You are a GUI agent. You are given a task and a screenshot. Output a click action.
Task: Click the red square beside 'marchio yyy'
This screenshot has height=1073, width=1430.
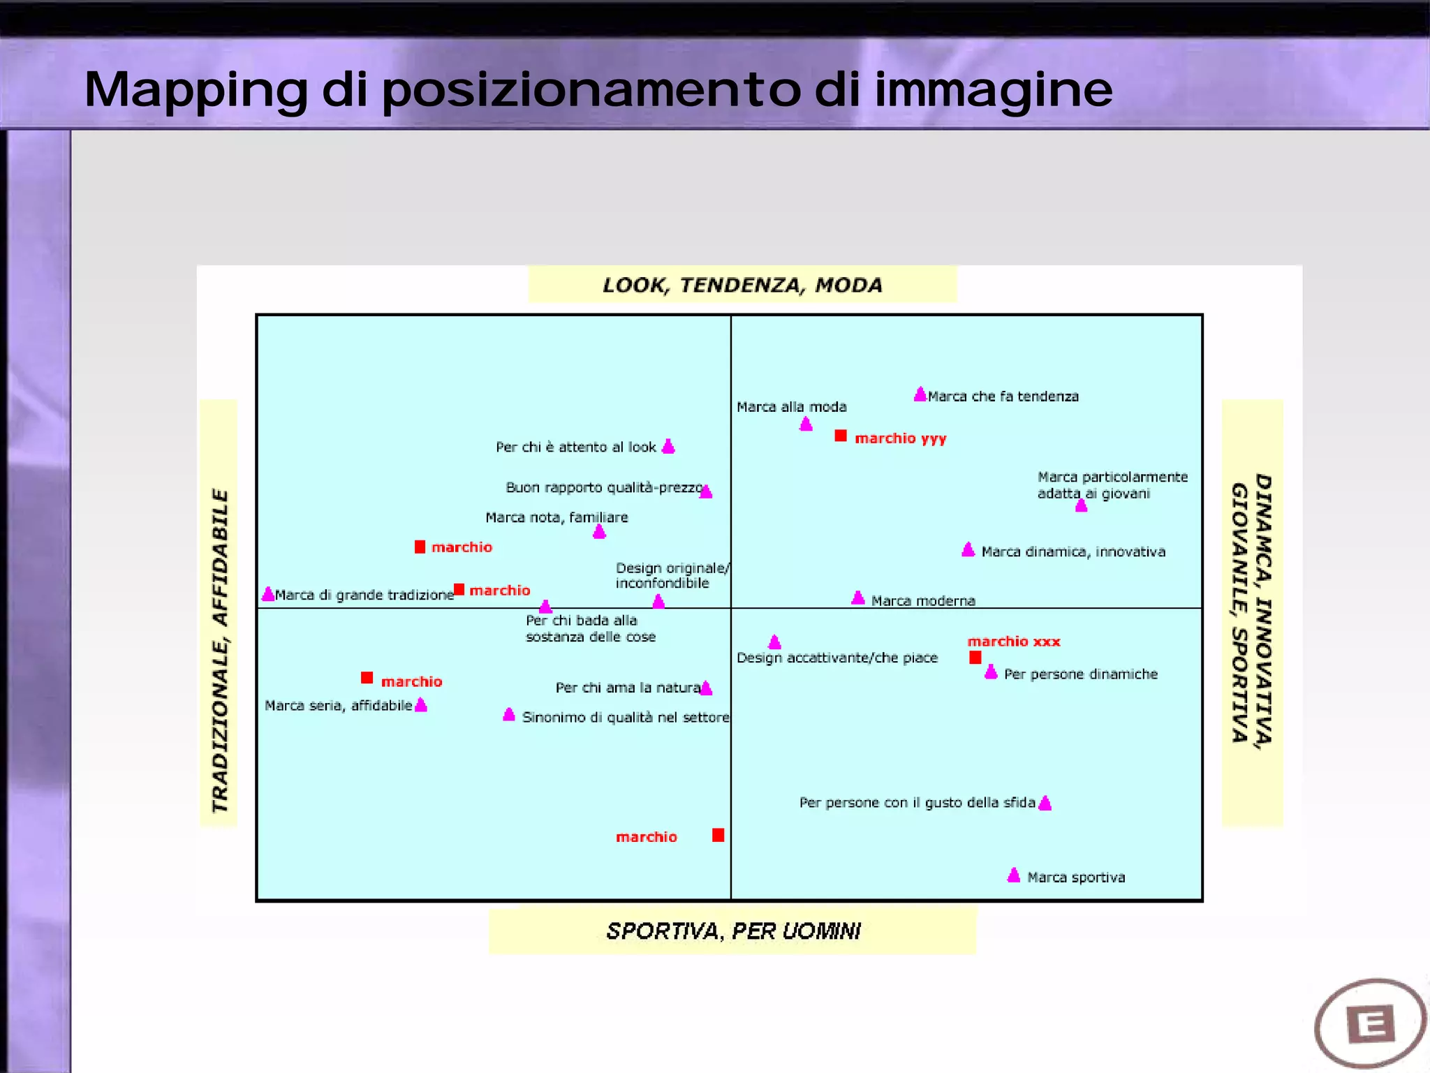point(841,436)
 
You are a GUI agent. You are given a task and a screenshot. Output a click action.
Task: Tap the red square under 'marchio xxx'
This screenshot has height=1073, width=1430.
point(975,657)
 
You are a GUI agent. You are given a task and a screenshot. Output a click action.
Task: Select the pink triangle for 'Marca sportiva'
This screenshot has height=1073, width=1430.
point(1014,875)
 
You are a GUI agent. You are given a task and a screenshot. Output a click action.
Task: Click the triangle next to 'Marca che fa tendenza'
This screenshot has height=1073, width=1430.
point(920,394)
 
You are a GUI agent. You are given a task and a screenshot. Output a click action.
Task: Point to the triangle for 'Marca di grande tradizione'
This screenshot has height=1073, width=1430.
point(268,594)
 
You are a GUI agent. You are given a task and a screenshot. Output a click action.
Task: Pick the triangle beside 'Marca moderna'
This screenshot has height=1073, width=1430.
point(858,598)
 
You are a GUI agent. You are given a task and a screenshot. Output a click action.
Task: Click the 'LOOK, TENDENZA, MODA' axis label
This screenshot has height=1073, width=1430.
point(742,285)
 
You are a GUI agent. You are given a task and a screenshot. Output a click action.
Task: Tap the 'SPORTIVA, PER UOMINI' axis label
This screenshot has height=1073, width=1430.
point(732,931)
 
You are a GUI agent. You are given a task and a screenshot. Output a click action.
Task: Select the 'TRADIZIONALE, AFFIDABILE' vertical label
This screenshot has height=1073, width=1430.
point(220,651)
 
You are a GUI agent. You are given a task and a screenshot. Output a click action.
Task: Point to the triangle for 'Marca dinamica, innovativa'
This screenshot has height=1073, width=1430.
point(968,550)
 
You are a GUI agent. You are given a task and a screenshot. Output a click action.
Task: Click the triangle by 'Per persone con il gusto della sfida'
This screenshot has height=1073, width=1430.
point(1045,803)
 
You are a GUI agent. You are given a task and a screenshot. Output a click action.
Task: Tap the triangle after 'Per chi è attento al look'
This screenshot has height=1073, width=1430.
point(668,447)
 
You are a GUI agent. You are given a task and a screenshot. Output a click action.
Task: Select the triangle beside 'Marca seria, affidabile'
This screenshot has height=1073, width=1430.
point(420,705)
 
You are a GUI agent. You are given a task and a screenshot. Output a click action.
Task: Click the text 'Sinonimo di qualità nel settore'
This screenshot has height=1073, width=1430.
point(626,717)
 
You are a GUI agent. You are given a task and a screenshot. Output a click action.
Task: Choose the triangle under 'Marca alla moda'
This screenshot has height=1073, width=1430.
point(806,424)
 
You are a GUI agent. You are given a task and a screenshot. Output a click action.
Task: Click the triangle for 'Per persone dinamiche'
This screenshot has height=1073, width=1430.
point(991,672)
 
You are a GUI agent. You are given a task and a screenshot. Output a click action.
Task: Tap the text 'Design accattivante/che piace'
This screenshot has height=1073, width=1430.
point(836,658)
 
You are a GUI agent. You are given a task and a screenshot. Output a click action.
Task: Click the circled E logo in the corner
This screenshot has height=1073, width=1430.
point(1370,1023)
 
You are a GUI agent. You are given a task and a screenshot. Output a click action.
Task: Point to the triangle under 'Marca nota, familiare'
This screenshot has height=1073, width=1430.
point(599,532)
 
